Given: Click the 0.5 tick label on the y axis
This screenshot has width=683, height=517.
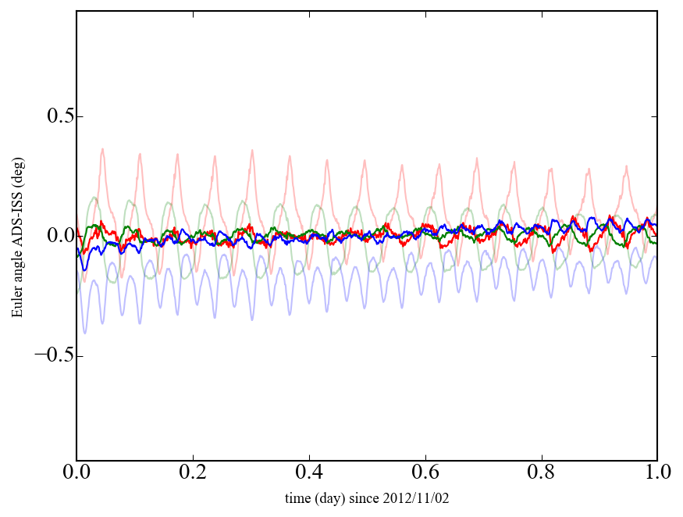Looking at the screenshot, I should click(x=51, y=117).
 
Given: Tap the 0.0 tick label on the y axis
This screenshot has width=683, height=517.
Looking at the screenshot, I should click(x=51, y=237).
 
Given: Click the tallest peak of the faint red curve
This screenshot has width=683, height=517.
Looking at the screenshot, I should click(x=101, y=149).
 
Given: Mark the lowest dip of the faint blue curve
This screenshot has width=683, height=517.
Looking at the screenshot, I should click(x=85, y=333).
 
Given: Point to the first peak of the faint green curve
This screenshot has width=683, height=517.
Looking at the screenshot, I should click(x=94, y=198).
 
